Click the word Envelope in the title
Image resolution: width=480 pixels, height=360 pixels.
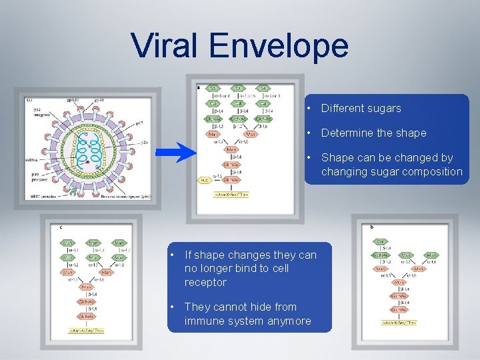coord(278,46)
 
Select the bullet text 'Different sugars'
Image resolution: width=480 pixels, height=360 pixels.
coord(361,108)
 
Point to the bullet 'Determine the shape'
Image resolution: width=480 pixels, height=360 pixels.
coord(373,133)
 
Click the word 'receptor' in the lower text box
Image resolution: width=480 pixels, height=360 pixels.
coord(205,282)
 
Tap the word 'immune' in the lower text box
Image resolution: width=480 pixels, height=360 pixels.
coord(203,321)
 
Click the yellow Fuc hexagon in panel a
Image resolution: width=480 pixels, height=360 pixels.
coord(204,180)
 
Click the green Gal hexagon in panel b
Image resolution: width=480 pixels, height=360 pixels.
coord(381,241)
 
